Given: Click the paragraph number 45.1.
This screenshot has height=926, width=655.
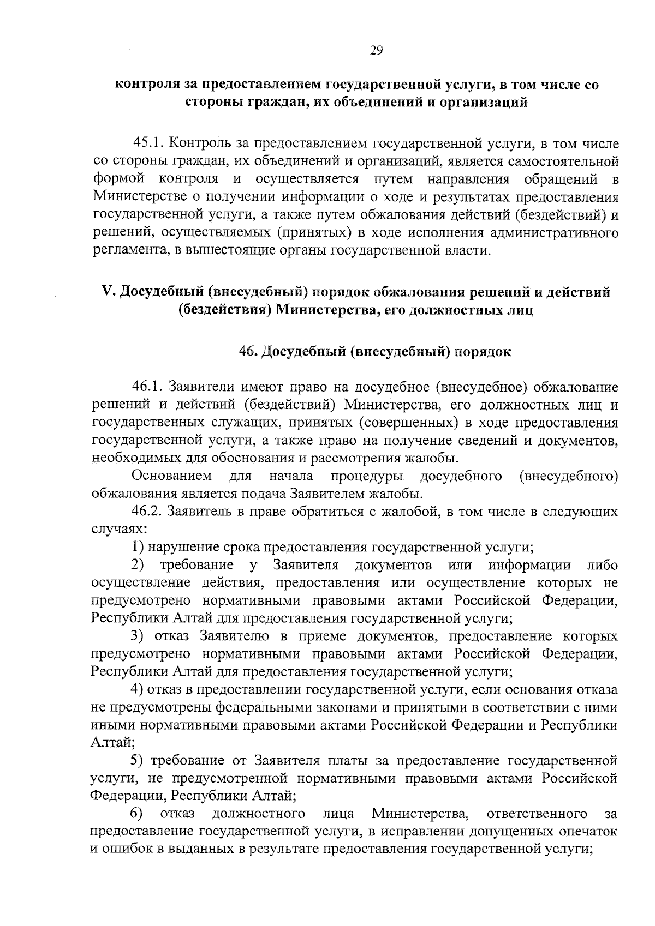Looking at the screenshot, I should click(148, 144).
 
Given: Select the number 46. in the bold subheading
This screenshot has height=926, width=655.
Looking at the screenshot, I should click(249, 352).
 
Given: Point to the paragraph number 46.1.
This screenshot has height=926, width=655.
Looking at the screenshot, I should click(148, 387).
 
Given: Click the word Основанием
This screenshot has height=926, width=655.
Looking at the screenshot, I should click(172, 476).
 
